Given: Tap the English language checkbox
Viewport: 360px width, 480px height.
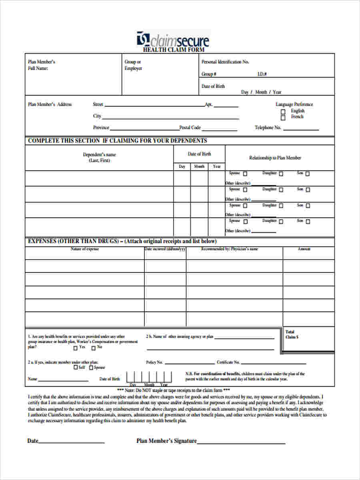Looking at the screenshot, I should pyautogui.click(x=283, y=112).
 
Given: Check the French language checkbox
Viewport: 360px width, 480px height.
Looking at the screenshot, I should pyautogui.click(x=283, y=118).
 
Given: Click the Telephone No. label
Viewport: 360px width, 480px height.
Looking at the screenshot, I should pyautogui.click(x=268, y=128).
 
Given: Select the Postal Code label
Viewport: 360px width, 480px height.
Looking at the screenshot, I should pyautogui.click(x=190, y=128).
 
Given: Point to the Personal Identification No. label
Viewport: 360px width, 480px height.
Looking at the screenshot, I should pyautogui.click(x=225, y=62).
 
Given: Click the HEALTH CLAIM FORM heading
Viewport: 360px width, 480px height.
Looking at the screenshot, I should pyautogui.click(x=174, y=50).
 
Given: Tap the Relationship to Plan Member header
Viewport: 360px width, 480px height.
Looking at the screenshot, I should pyautogui.click(x=275, y=158).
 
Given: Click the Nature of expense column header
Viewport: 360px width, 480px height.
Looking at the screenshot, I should pyautogui.click(x=85, y=249).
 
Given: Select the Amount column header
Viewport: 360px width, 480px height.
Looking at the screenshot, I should pyautogui.click(x=304, y=249).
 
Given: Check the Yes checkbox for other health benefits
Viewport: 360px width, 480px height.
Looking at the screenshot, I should pyautogui.click(x=75, y=348).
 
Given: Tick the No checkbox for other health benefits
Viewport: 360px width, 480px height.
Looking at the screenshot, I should pyautogui.click(x=94, y=348).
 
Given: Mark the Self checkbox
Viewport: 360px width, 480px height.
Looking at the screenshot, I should pyautogui.click(x=76, y=368).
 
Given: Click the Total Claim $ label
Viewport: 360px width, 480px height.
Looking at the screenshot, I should pyautogui.click(x=290, y=334).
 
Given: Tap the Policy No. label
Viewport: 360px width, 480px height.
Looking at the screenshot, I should pyautogui.click(x=154, y=362).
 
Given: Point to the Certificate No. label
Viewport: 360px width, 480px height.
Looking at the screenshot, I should pyautogui.click(x=228, y=362).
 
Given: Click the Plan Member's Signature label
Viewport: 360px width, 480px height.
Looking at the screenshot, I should pyautogui.click(x=166, y=441).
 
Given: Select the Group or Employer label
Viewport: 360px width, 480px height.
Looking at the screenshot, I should pyautogui.click(x=133, y=65).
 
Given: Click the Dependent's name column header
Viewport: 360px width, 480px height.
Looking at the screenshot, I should pyautogui.click(x=99, y=157).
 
